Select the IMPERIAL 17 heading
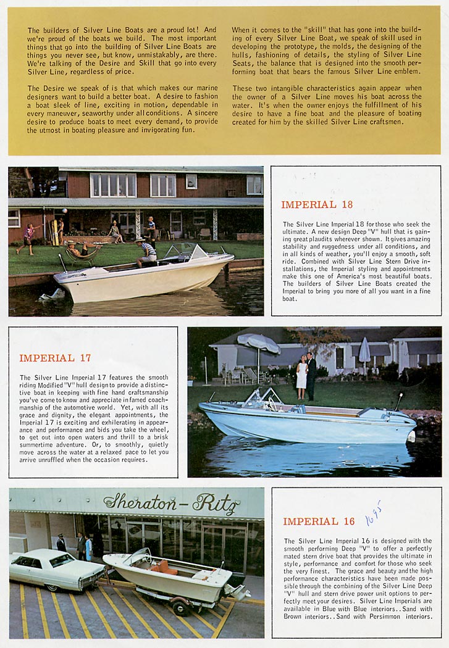[x=55, y=358]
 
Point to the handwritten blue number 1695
[x=373, y=513]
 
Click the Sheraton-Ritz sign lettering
[x=172, y=504]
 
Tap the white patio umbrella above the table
[x=258, y=341]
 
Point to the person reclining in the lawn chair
[x=80, y=250]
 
